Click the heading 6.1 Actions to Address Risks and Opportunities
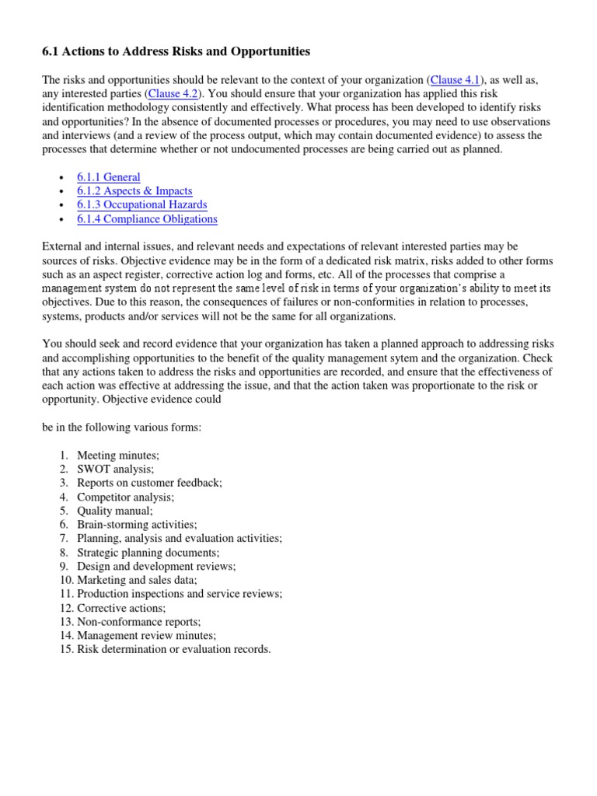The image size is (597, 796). (x=176, y=51)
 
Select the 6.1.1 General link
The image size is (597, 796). (x=109, y=177)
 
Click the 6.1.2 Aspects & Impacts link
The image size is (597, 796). (x=134, y=191)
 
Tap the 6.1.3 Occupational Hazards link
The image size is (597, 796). (x=141, y=205)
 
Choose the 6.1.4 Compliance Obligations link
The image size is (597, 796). (x=147, y=219)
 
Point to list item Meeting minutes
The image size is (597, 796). (x=118, y=455)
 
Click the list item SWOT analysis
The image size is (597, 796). (x=115, y=469)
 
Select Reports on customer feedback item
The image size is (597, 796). (x=149, y=483)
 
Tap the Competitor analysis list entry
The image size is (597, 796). (x=125, y=497)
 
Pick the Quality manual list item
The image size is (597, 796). (x=115, y=511)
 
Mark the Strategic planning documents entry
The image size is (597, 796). (x=148, y=553)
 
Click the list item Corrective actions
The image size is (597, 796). (x=121, y=608)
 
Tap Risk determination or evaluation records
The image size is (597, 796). (x=174, y=650)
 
